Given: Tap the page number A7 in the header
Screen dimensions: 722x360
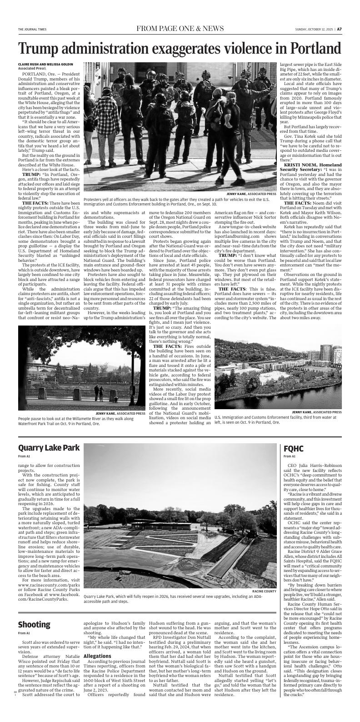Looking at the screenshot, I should coord(339,29).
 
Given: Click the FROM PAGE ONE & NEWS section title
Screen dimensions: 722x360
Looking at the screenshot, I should coord(180,29).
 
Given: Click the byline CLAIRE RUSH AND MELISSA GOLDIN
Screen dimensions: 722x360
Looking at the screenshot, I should coord(45,64).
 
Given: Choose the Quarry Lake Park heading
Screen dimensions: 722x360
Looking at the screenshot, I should coord(49,448).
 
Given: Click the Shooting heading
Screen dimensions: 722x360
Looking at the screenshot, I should coord(34,624).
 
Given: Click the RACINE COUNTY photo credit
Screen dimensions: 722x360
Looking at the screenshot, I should coord(264,591).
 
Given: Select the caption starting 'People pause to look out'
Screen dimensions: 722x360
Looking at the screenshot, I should coord(75,421).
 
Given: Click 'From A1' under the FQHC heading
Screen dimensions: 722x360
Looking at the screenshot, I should coord(289,456).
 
